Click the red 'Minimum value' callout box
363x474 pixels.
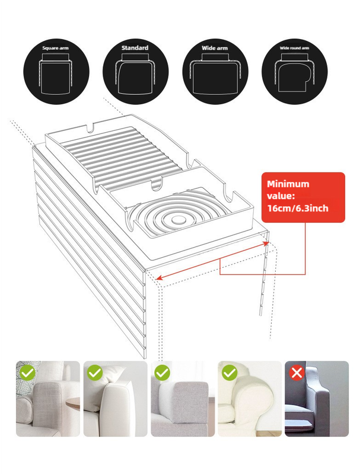[303, 197]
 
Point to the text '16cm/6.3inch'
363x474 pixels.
[297, 209]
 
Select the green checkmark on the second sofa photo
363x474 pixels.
[95, 373]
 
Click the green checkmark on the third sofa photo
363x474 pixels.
[162, 373]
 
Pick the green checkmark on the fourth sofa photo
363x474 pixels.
[230, 373]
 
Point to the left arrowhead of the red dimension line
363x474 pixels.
[158, 276]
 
